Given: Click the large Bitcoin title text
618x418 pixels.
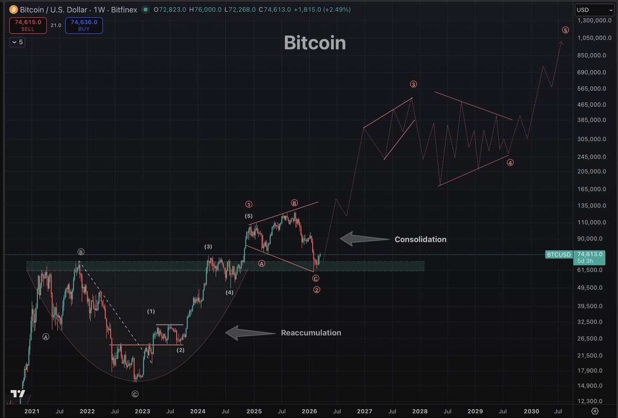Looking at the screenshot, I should [315, 43].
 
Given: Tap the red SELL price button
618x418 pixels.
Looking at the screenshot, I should [28, 25].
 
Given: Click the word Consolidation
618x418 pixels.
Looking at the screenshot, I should [420, 239].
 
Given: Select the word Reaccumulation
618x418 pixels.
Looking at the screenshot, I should [311, 333].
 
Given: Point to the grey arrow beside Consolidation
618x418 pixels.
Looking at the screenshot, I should [364, 239].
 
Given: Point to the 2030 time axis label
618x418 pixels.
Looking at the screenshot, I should [531, 411].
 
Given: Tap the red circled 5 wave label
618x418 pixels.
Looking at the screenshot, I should [565, 30].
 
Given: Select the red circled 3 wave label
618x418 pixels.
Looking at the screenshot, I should [413, 84].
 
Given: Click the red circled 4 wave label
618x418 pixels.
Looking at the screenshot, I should [510, 163].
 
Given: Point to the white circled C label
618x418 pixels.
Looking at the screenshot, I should [135, 394].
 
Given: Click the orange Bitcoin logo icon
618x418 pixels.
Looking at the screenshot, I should [13, 9].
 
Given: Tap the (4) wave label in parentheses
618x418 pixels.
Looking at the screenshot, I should [229, 292].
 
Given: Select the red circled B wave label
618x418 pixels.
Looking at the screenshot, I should [295, 203].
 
